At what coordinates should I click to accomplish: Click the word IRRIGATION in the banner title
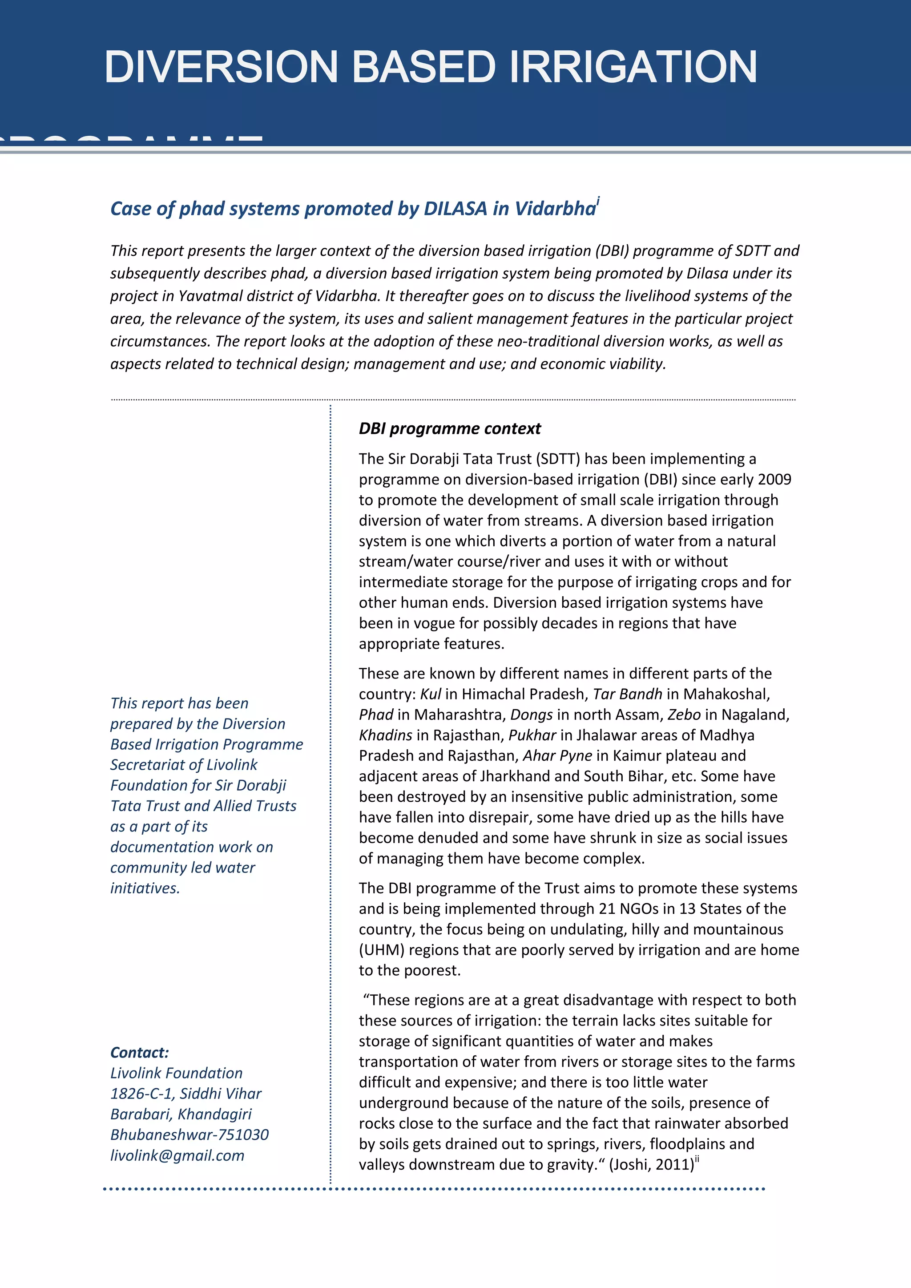click(x=633, y=67)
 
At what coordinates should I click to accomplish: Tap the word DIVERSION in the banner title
click(x=221, y=67)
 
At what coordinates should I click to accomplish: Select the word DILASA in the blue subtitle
click(x=455, y=209)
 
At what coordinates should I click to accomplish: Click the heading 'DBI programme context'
click(x=449, y=428)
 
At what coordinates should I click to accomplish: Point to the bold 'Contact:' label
click(x=139, y=1052)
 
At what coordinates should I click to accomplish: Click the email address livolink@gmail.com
click(x=177, y=1155)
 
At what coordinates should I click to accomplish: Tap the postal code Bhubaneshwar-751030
click(x=189, y=1135)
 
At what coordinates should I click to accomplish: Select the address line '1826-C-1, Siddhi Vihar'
click(x=185, y=1093)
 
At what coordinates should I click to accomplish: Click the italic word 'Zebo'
click(x=684, y=715)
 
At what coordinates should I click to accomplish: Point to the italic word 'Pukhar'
click(x=532, y=735)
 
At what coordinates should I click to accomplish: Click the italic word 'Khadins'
click(x=385, y=735)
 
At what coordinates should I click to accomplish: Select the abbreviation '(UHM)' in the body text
click(x=382, y=950)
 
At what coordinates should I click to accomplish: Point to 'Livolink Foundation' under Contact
click(x=176, y=1073)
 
